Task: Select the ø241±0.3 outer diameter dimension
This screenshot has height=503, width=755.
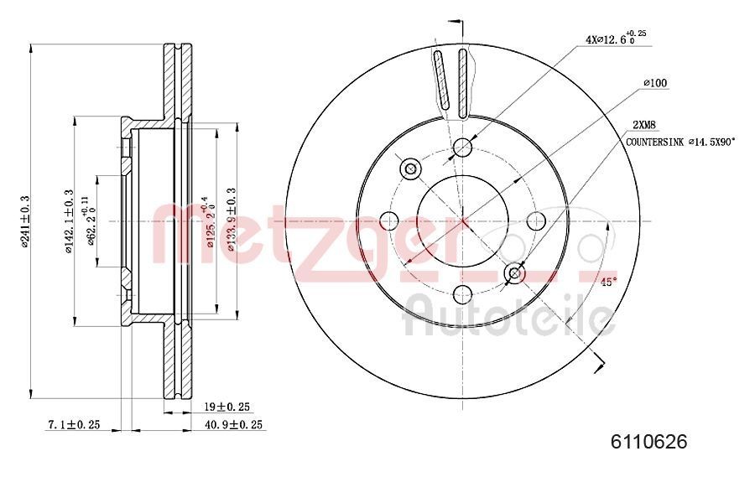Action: tap(25, 220)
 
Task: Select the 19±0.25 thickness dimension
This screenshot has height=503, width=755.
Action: tap(227, 407)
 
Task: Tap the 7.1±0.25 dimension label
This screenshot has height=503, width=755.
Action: tap(73, 425)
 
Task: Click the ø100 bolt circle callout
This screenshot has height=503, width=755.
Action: tap(654, 83)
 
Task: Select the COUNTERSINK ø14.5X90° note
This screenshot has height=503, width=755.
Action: tap(680, 143)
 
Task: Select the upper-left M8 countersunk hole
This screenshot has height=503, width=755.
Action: tap(411, 169)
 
